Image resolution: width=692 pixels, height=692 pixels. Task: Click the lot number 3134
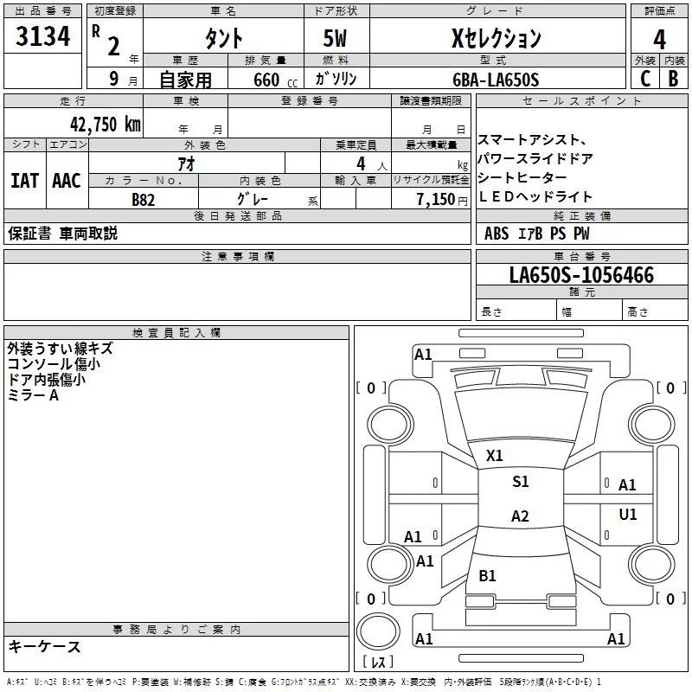(42, 38)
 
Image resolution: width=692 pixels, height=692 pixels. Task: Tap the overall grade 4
(659, 39)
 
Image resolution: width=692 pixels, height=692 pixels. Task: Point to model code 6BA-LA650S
(496, 80)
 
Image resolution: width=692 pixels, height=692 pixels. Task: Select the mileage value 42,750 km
(96, 124)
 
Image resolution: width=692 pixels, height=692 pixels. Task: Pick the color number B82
(144, 199)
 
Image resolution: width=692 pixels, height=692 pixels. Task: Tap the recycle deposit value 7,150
(441, 199)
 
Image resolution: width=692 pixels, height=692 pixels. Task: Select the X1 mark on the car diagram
(495, 455)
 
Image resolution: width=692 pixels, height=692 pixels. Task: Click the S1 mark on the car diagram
(520, 482)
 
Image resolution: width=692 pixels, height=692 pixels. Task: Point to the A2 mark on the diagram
(520, 516)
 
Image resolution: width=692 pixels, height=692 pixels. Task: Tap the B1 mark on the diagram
(488, 575)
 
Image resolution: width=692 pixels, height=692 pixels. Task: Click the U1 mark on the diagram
(628, 515)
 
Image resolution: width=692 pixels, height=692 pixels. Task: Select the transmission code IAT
(24, 180)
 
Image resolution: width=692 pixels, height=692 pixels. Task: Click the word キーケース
(45, 646)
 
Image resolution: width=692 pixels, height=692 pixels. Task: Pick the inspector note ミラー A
(33, 394)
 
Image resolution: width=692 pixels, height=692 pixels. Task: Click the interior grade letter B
(673, 79)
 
